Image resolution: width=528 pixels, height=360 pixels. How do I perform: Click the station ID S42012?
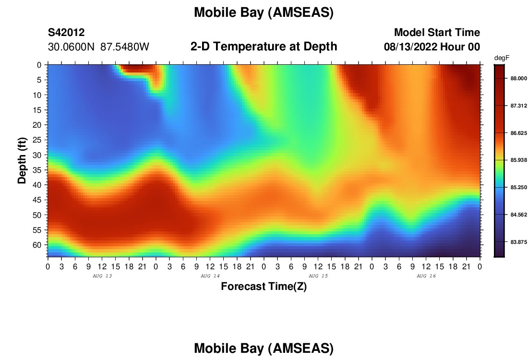66,32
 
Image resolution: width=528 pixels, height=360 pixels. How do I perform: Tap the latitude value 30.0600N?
71,47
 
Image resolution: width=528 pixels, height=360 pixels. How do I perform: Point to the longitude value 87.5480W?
125,47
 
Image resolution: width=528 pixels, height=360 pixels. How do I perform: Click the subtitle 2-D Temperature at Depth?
264,46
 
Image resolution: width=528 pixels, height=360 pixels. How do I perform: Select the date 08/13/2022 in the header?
410,47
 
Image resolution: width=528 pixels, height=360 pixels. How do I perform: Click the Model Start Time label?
437,32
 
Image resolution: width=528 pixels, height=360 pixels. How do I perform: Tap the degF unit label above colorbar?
502,58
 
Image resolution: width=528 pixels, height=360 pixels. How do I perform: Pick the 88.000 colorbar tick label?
518,78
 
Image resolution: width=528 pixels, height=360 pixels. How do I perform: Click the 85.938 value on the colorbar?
518,160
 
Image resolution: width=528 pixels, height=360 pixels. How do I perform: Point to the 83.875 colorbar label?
518,242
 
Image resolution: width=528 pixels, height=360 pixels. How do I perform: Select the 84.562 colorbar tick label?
518,215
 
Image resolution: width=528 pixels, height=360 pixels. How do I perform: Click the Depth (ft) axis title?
22,161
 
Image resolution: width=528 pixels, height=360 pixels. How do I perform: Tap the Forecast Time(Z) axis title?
264,286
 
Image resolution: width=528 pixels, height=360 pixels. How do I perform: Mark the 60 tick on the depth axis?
36,245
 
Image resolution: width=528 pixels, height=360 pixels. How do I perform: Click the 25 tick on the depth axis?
36,140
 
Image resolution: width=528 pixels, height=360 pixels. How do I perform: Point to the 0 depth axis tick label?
39,65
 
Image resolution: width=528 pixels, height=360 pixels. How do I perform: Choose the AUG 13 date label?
102,276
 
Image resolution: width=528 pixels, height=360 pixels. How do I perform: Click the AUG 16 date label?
426,276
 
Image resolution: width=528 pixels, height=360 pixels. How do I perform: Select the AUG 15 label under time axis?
318,276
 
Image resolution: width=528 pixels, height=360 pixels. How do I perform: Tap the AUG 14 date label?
210,276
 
